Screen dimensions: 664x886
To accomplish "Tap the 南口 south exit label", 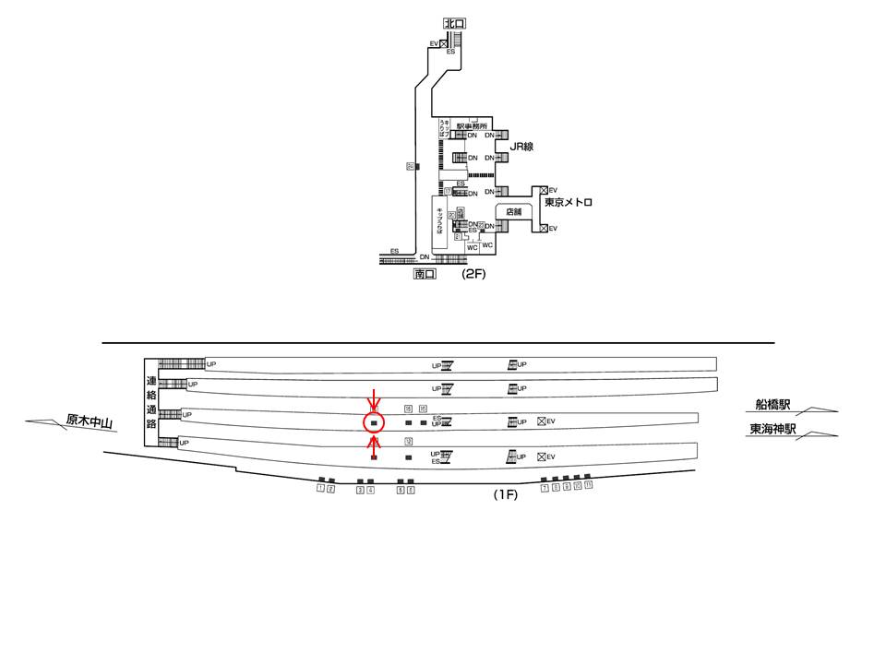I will tap(425, 274).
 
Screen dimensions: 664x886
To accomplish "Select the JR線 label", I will tap(523, 146).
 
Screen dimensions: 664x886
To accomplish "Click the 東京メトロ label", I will tap(568, 203).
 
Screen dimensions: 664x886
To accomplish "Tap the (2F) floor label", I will tap(473, 274).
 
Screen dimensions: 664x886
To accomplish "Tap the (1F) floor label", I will tap(505, 494).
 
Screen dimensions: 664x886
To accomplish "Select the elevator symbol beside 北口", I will tap(444, 43).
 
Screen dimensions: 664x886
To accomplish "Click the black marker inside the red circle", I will tap(374, 423).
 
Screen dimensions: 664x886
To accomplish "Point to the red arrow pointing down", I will tap(373, 398).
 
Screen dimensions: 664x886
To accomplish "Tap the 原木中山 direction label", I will tap(89, 423).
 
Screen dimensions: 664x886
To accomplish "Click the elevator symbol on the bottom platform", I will tap(542, 456).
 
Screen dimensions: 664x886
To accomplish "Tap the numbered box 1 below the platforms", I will tap(320, 489).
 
